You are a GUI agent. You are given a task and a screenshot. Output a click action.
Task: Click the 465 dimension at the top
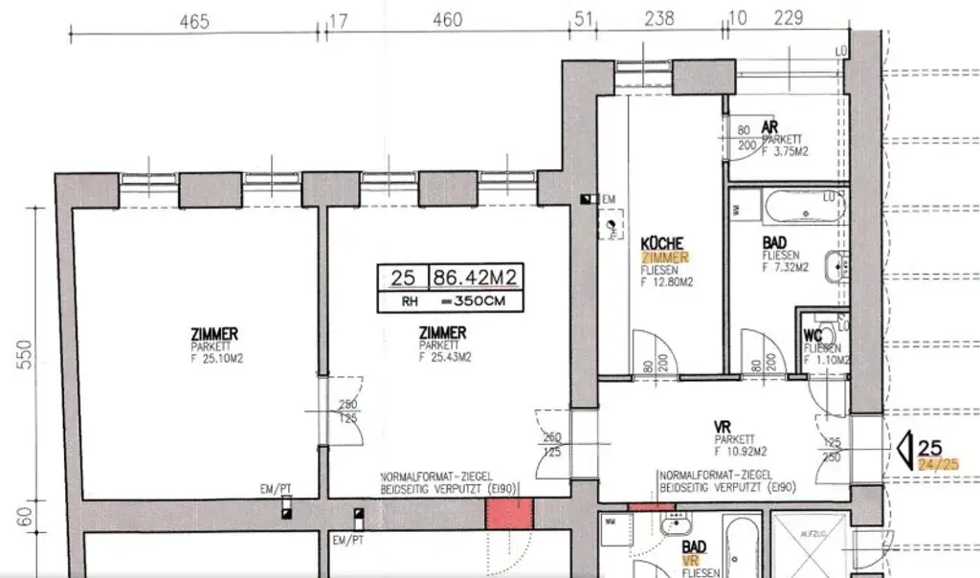(x=195, y=20)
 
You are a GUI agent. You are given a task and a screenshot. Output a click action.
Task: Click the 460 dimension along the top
(x=447, y=20)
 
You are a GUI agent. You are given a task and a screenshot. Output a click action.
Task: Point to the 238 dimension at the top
(x=659, y=18)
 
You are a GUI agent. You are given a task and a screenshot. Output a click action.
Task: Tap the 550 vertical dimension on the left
(x=28, y=355)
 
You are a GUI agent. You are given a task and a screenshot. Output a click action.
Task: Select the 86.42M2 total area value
(x=476, y=278)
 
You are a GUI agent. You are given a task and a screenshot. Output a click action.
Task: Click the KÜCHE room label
(x=661, y=245)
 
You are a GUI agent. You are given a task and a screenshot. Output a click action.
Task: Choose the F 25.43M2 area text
(x=444, y=357)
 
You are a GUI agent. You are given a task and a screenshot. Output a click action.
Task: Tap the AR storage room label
(x=768, y=127)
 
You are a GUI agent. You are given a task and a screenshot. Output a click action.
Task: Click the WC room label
(x=813, y=335)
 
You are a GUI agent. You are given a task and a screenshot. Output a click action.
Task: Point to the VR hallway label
(x=724, y=427)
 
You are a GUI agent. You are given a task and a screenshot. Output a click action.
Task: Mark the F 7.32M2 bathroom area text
(x=785, y=268)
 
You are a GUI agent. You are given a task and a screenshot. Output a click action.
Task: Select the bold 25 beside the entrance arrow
(x=929, y=447)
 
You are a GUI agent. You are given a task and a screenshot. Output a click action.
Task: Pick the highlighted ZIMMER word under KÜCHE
(x=664, y=258)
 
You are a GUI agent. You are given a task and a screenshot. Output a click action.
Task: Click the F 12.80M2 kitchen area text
(x=667, y=282)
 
